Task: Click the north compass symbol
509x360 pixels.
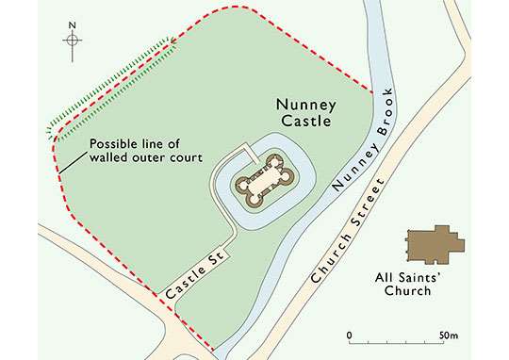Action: click(x=75, y=41)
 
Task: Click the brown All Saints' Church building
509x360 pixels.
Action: click(x=431, y=244)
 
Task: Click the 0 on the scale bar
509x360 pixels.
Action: click(x=350, y=335)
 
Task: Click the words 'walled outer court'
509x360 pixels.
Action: click(x=146, y=157)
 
